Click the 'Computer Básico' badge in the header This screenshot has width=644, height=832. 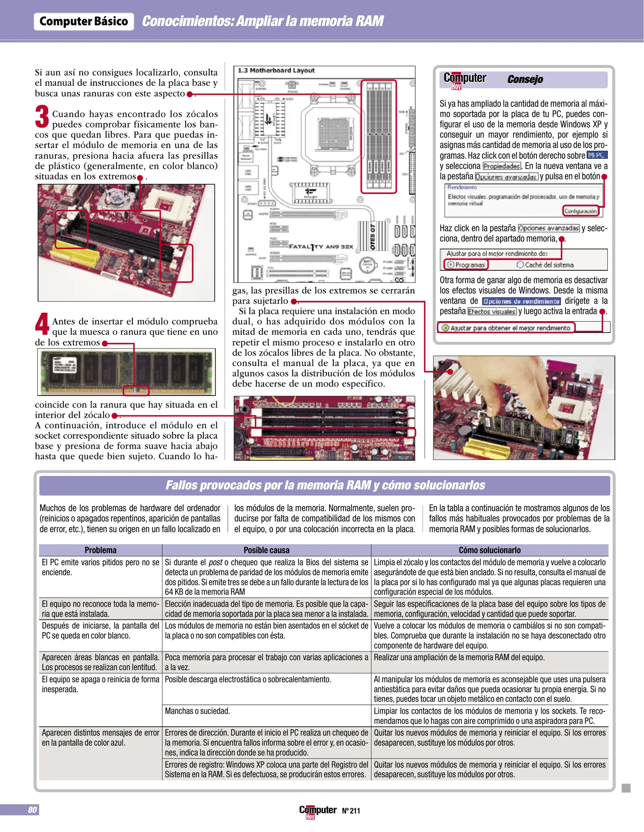pos(84,21)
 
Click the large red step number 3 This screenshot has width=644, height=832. pos(42,116)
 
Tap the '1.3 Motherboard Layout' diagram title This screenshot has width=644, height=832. pos(276,70)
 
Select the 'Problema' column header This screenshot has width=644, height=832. pos(100,550)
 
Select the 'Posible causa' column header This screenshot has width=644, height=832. pos(266,550)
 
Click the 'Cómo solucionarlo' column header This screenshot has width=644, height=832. pos(489,550)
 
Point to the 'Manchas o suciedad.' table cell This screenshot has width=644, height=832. pos(197,711)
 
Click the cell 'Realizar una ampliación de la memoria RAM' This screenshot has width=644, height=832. pos(459,658)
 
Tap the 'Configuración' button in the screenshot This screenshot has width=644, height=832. pos(580,211)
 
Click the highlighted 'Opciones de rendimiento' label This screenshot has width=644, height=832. pos(521,301)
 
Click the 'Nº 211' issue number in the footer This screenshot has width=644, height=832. pos(351,810)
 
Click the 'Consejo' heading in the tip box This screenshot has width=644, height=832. pos(525,79)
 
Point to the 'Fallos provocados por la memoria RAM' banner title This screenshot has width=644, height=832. pos(325,485)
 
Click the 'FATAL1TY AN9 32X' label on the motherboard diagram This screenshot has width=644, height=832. pos(321,247)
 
